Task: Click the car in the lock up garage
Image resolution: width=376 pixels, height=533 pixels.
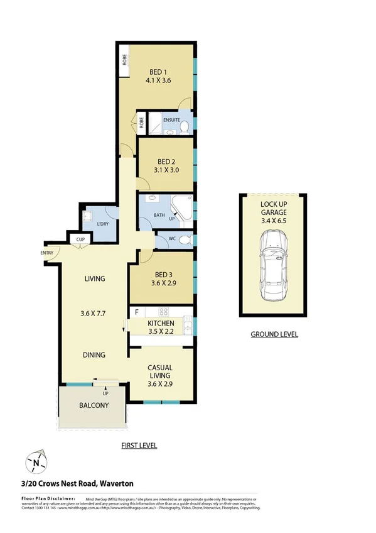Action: [x=274, y=264]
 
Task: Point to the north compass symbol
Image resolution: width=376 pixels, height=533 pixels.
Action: [x=36, y=463]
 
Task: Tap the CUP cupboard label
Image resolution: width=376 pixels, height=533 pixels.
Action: [x=80, y=239]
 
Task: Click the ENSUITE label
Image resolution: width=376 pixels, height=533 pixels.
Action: [x=171, y=119]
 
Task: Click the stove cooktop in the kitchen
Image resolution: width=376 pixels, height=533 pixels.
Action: [x=164, y=312]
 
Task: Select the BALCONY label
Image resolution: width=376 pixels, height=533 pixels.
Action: [x=94, y=405]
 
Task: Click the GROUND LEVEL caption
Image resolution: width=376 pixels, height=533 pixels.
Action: [x=274, y=334]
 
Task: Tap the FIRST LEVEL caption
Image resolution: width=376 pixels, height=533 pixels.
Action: [x=139, y=446]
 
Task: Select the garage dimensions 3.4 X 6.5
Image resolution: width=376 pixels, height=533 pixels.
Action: [x=274, y=221]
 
